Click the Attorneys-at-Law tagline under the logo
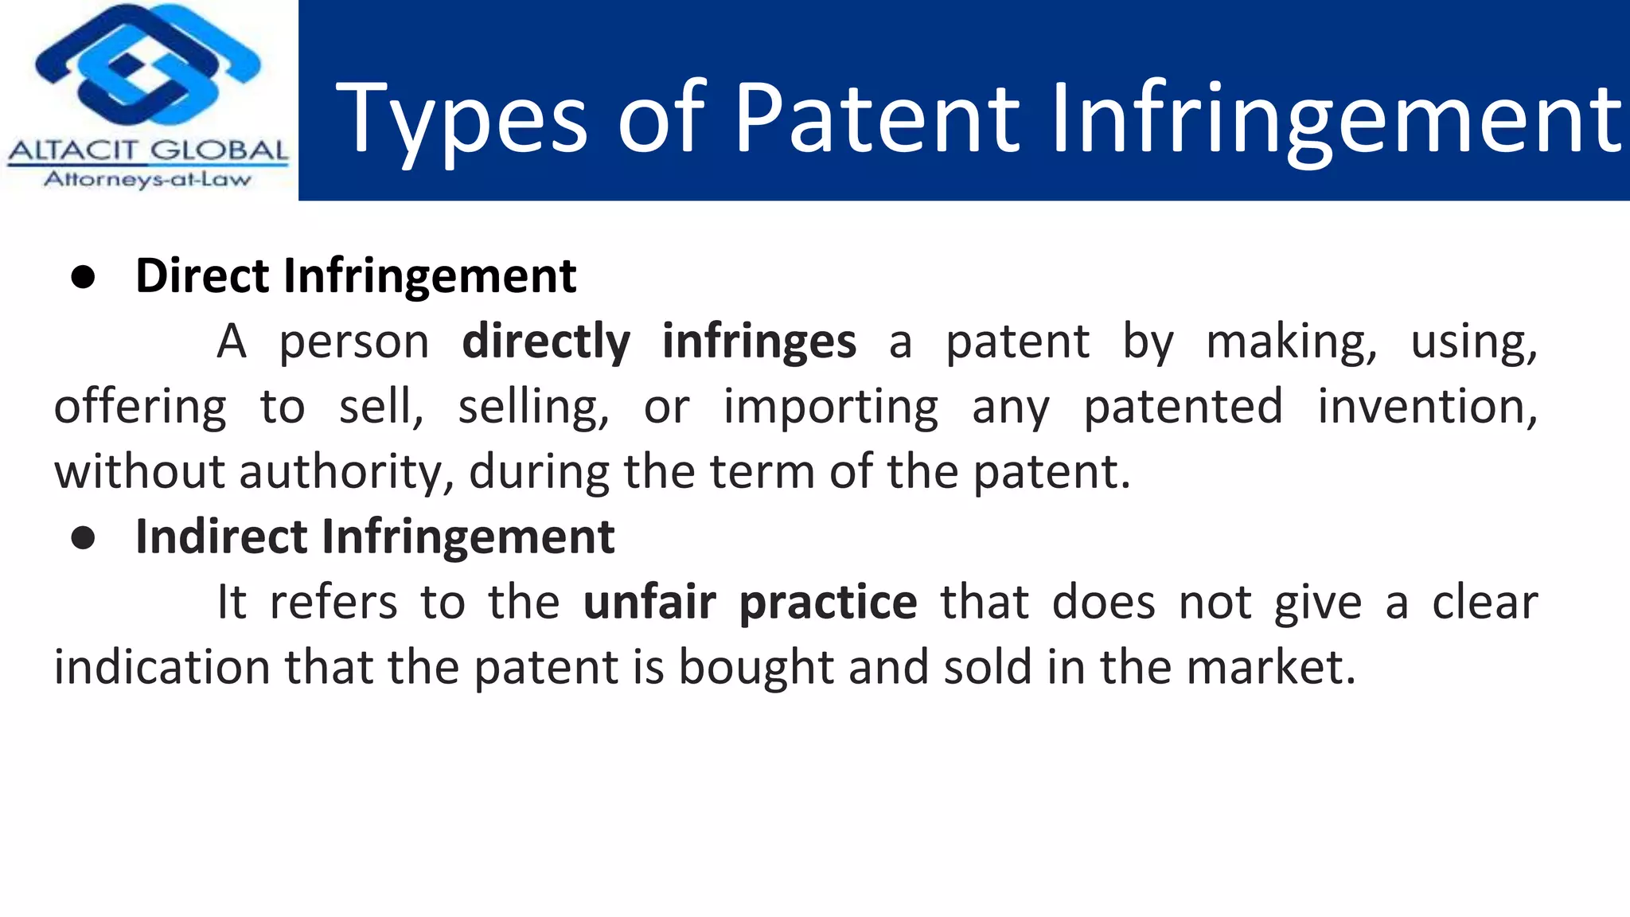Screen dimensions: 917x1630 148,179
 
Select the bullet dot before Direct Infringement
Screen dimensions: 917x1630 83,277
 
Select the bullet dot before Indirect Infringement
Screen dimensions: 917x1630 83,538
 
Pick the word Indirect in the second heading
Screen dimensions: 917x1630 221,537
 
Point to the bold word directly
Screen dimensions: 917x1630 546,342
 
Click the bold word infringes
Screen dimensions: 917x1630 759,342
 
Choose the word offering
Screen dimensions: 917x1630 140,408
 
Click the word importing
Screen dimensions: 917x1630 831,408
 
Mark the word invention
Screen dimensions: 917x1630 1426,407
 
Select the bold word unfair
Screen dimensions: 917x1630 649,603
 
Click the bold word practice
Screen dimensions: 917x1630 828,603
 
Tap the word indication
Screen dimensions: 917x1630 162,667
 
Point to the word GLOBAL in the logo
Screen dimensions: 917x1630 218,150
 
